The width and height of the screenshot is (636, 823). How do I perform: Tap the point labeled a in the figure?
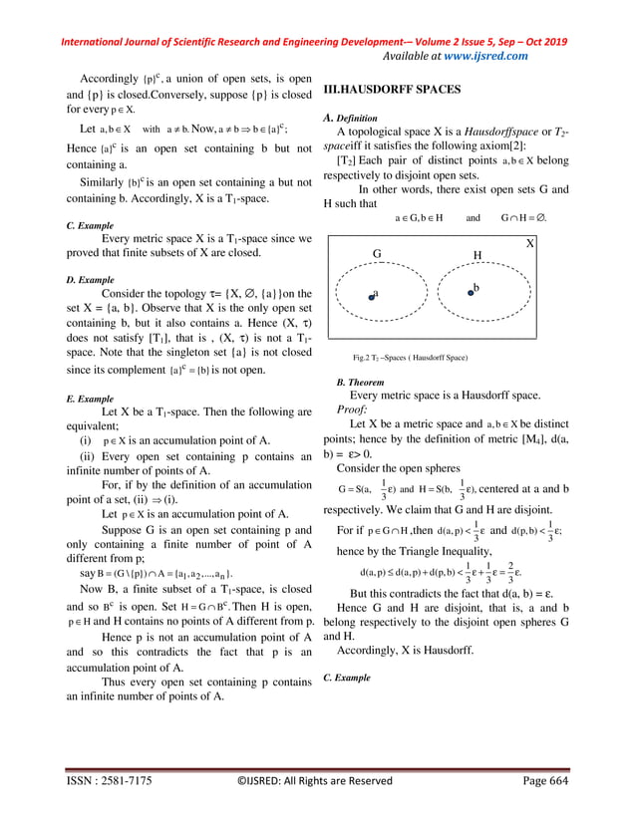(370, 295)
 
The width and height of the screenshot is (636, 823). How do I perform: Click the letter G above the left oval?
(377, 254)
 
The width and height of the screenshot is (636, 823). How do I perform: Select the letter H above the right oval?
(477, 255)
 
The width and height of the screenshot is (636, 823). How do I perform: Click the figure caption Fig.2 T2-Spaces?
(410, 356)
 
